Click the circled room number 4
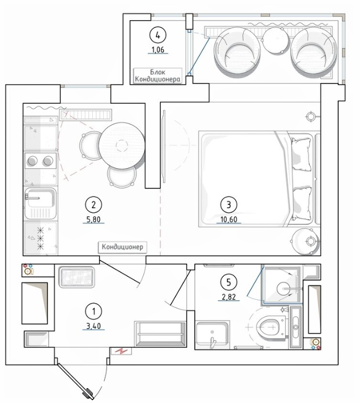click(x=158, y=35)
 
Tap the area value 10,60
click(x=229, y=219)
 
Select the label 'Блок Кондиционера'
click(x=158, y=75)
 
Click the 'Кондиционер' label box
click(x=123, y=247)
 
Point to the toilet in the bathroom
click(x=272, y=327)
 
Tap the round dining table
click(x=122, y=145)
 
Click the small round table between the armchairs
click(x=275, y=40)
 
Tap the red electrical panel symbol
click(x=121, y=351)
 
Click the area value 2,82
click(x=229, y=297)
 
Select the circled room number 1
click(x=94, y=311)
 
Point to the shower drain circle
click(x=284, y=289)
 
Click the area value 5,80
click(x=94, y=220)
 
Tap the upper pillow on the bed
click(x=302, y=153)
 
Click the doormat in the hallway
click(x=76, y=277)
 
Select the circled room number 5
click(x=229, y=282)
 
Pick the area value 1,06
click(x=158, y=50)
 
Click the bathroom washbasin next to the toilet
click(x=212, y=334)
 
